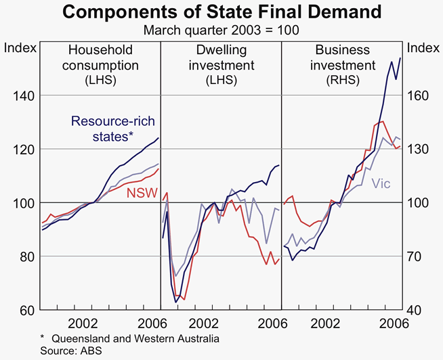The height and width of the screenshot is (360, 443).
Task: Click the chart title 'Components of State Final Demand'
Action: [221, 12]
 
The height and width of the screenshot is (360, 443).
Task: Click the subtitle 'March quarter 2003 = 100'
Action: [221, 30]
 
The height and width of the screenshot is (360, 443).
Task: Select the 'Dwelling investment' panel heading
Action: [221, 65]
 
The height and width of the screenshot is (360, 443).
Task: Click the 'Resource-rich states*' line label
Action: [112, 129]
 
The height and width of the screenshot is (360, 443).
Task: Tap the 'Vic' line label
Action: [383, 183]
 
